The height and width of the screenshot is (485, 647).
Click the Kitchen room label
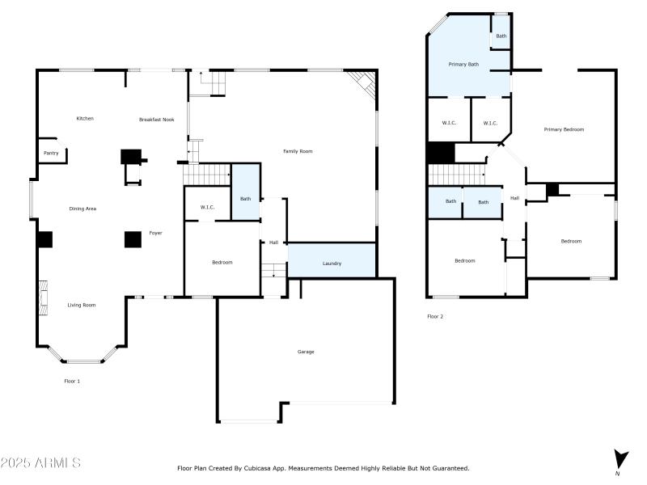pyautogui.click(x=85, y=119)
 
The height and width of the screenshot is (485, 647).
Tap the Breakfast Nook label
pyautogui.click(x=156, y=120)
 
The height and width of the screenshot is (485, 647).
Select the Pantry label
pyautogui.click(x=50, y=152)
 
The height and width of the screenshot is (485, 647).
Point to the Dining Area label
pyautogui.click(x=82, y=209)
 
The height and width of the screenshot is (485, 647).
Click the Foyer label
pyautogui.click(x=155, y=233)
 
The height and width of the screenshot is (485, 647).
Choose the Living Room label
pyautogui.click(x=81, y=305)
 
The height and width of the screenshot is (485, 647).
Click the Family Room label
pyautogui.click(x=297, y=151)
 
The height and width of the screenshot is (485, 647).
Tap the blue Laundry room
pyautogui.click(x=332, y=260)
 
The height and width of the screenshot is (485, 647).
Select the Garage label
pyautogui.click(x=306, y=352)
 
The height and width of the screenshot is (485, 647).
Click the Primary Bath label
pyautogui.click(x=463, y=63)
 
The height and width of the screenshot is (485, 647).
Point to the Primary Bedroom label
pyautogui.click(x=564, y=129)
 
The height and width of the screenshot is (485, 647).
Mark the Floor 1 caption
pyautogui.click(x=72, y=381)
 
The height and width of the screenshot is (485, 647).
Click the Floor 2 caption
pyautogui.click(x=435, y=316)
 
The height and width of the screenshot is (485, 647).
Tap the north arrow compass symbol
pyautogui.click(x=620, y=459)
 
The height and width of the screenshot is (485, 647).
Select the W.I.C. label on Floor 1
pyautogui.click(x=207, y=208)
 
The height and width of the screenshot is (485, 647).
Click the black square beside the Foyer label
pyautogui.click(x=133, y=239)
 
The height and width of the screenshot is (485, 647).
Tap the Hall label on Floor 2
pyautogui.click(x=514, y=198)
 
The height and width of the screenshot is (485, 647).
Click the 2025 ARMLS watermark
pyautogui.click(x=40, y=463)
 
